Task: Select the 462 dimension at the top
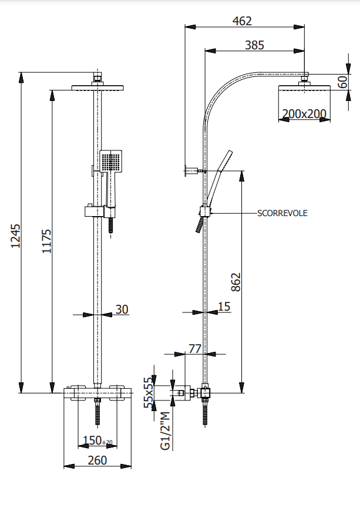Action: tap(242, 21)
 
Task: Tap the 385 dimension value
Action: tap(254, 45)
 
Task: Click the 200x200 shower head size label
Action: tap(304, 114)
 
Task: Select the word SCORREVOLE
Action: tap(282, 213)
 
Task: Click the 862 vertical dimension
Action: tap(235, 282)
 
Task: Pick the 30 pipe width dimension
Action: tap(122, 309)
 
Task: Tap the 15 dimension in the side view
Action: tap(224, 306)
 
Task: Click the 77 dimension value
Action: tap(194, 349)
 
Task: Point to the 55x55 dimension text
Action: tap(150, 392)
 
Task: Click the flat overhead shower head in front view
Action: tap(98, 88)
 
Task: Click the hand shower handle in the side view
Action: tap(213, 185)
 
